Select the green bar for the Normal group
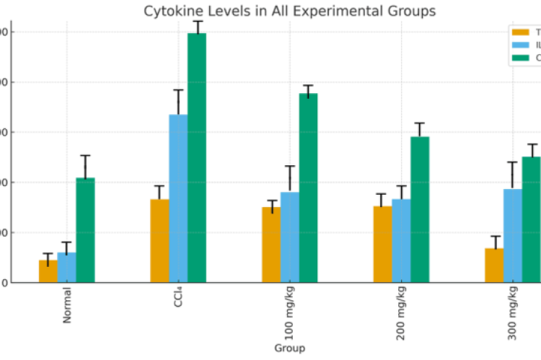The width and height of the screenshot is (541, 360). click(x=85, y=230)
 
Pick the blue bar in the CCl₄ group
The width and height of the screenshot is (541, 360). click(x=178, y=198)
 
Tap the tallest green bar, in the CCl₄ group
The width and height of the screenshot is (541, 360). click(x=197, y=158)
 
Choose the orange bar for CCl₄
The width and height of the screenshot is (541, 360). click(x=159, y=241)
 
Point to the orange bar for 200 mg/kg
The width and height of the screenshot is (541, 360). click(x=383, y=245)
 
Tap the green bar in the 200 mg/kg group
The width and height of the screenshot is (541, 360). click(x=420, y=209)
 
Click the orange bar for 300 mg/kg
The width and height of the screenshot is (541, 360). click(x=494, y=265)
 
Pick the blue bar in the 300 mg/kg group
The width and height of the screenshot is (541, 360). click(x=513, y=236)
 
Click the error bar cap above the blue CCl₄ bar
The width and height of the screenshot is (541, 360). click(x=178, y=90)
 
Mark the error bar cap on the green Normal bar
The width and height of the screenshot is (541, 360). click(x=85, y=155)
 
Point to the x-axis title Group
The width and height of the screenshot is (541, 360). click(x=289, y=348)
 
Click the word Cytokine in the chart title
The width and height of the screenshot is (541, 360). click(x=172, y=12)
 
